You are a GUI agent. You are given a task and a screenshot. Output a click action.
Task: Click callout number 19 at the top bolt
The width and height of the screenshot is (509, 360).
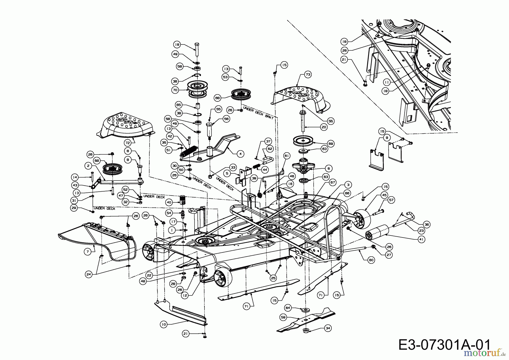pyautogui.click(x=177, y=45)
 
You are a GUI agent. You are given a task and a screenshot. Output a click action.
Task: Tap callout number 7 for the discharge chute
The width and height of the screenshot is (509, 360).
pyautogui.click(x=88, y=251)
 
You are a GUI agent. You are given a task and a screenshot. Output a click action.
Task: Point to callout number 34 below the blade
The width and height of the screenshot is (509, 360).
pyautogui.click(x=328, y=328)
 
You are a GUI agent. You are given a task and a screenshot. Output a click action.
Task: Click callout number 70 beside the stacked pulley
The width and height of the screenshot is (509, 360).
pyautogui.click(x=175, y=90)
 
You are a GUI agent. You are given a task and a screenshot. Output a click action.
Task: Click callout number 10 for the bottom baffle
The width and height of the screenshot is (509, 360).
pyautogui.click(x=163, y=325)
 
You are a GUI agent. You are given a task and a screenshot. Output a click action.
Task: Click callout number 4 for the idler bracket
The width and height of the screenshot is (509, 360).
pyautogui.click(x=240, y=154)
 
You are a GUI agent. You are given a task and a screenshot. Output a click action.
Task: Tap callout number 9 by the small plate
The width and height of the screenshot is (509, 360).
pyautogui.click(x=387, y=138)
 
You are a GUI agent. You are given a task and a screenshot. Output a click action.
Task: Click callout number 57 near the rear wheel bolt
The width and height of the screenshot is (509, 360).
pyautogui.click(x=391, y=200)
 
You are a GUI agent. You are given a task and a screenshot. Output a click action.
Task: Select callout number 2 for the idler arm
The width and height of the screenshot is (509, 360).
pyautogui.click(x=89, y=166)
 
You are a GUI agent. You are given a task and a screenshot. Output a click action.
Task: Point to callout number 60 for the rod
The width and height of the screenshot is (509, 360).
pyautogui.click(x=371, y=260)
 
